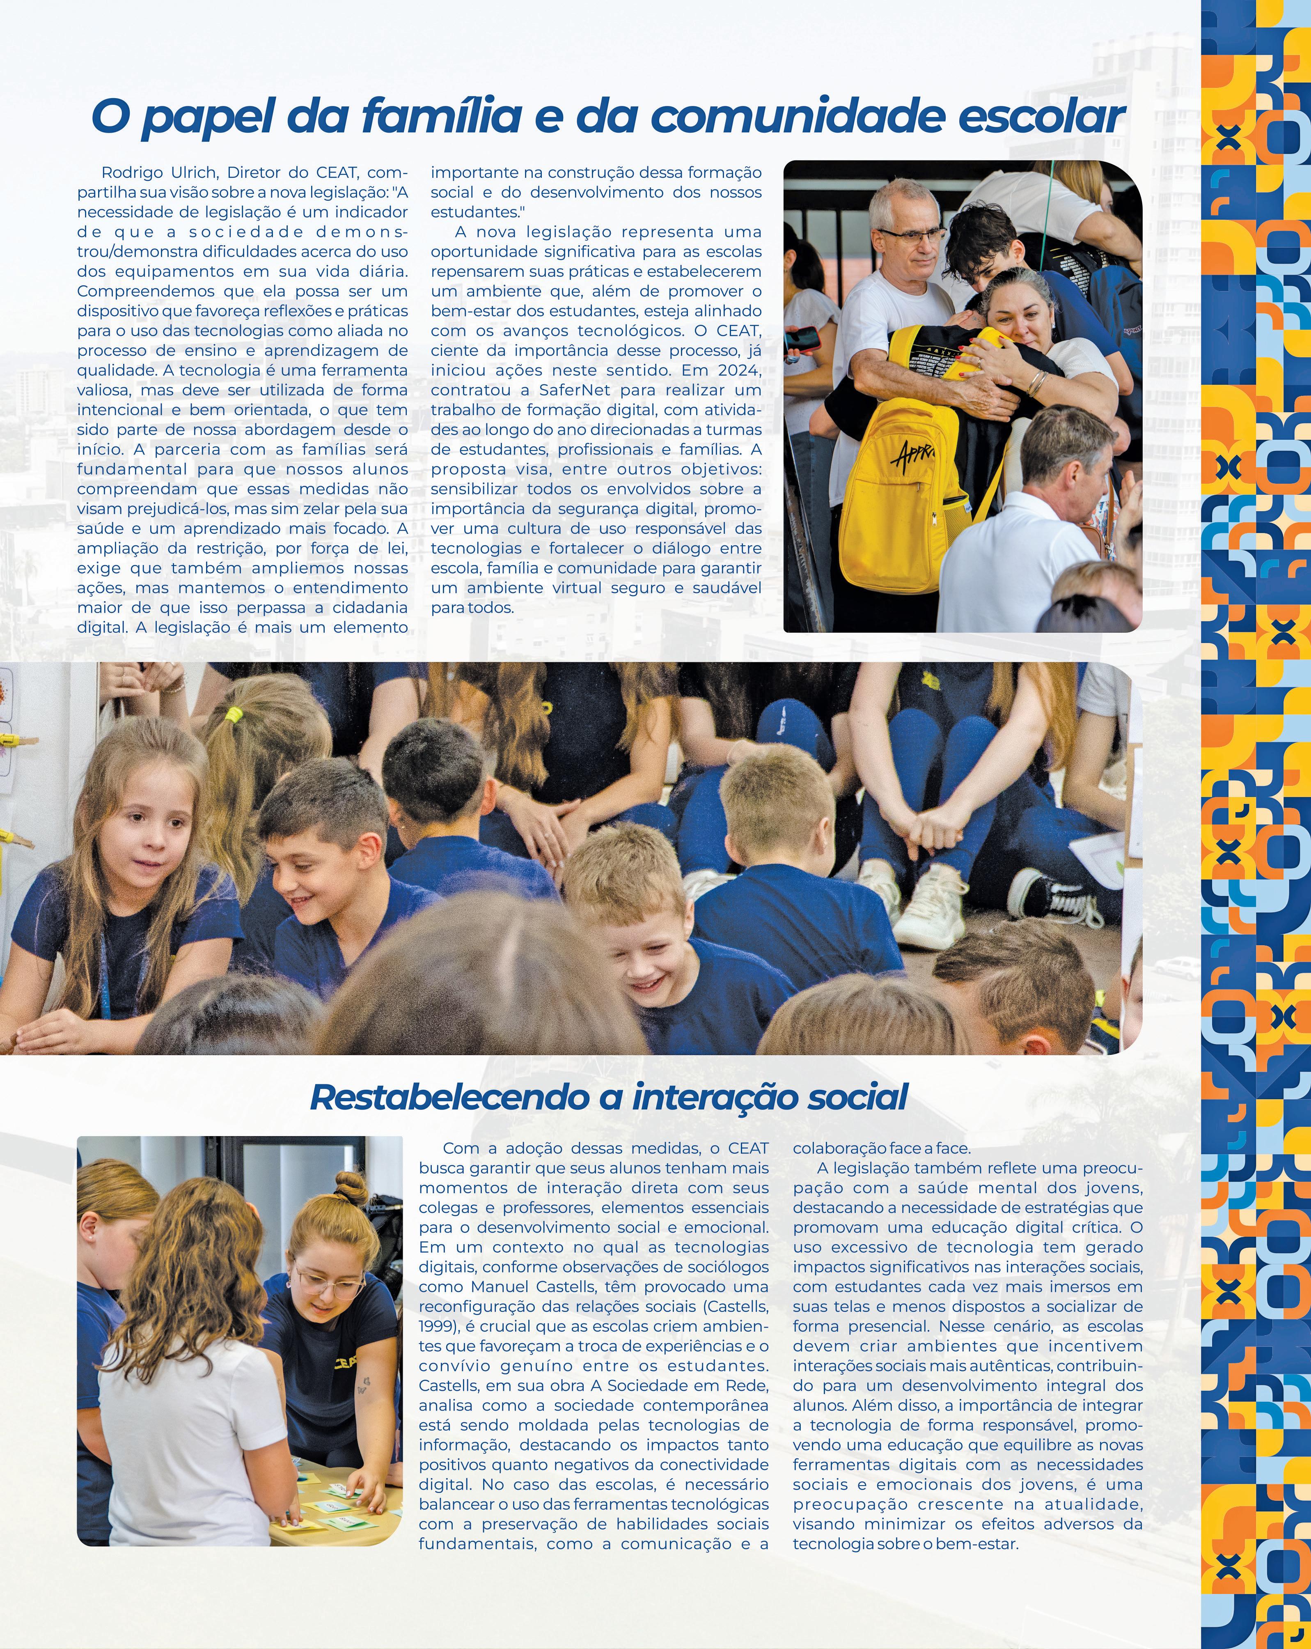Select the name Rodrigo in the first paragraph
[x=130, y=173]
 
